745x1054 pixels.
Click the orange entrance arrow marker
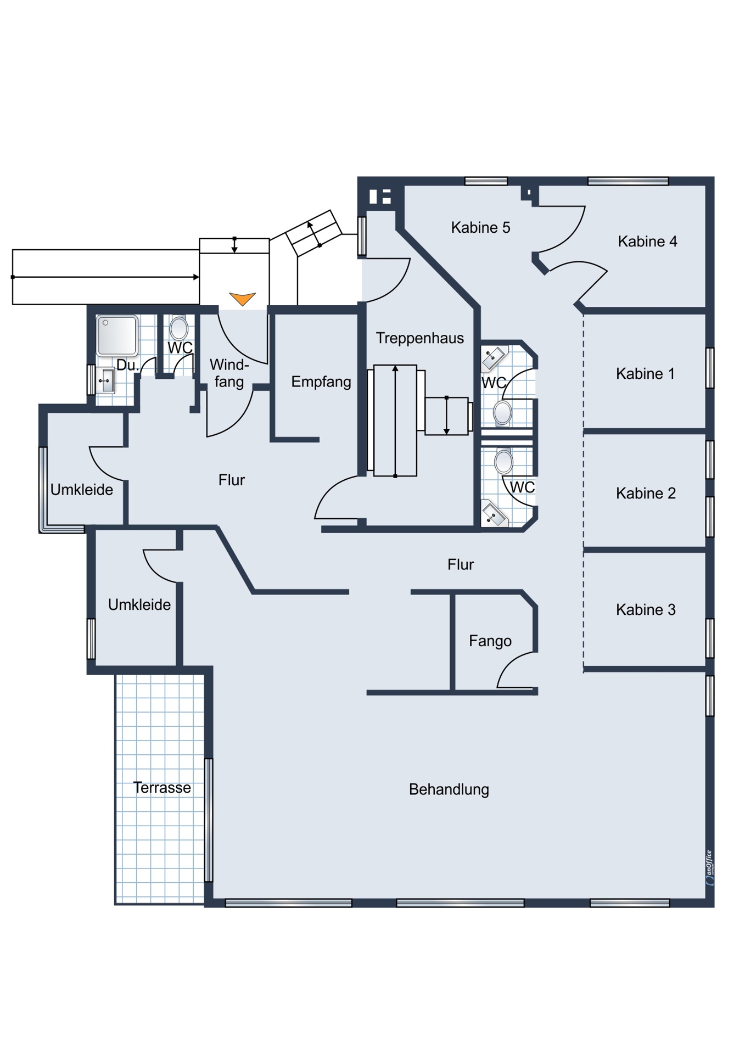pos(242,299)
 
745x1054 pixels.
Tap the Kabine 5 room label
pos(480,227)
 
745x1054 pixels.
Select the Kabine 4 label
pos(647,242)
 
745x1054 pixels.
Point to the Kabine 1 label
pos(645,374)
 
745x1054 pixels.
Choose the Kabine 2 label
pos(646,494)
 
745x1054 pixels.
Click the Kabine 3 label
pos(646,610)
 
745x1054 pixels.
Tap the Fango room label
pos(490,641)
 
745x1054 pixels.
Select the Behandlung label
pos(449,789)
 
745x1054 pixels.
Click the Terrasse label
pos(162,788)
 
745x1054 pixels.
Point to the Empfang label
pos(321,382)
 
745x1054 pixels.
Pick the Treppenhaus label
pos(420,338)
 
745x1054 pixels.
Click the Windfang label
pos(229,373)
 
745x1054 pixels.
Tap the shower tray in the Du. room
pos(117,335)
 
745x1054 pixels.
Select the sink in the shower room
pos(105,380)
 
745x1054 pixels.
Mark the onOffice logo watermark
pos(709,867)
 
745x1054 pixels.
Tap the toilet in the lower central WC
pos(503,461)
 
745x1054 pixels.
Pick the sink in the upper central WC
pos(494,358)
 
